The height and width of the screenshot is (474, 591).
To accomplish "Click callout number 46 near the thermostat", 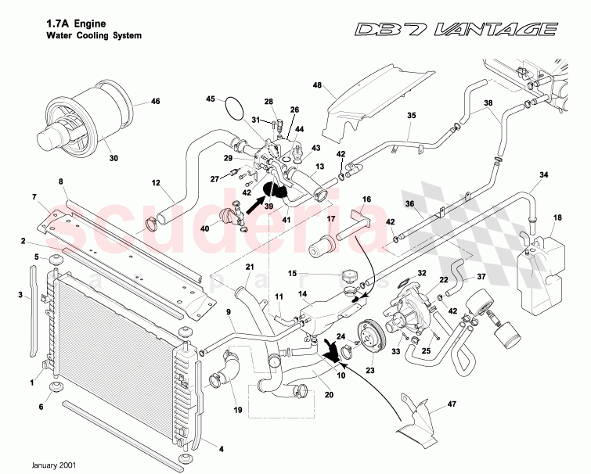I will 155,102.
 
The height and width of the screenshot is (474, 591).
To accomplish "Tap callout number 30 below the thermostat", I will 114,158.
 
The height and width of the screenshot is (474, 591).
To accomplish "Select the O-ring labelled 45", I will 231,109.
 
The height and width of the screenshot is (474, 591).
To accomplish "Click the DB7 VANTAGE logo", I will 456,31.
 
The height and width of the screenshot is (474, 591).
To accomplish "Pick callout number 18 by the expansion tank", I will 557,217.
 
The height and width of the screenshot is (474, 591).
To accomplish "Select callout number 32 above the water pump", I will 421,273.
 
